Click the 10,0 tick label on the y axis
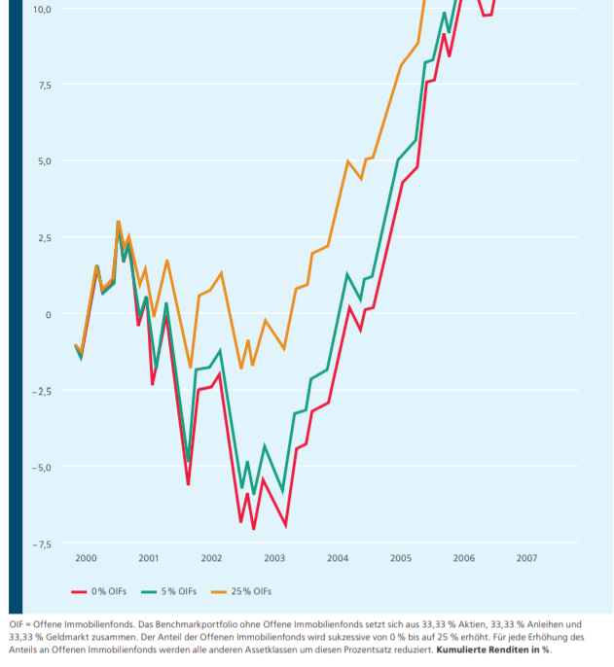(x=42, y=9)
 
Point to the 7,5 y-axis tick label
(x=44, y=86)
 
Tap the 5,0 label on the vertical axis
(x=44, y=161)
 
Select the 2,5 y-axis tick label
(x=44, y=238)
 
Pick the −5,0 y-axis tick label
(x=41, y=468)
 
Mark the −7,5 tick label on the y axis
(x=41, y=544)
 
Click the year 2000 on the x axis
(x=86, y=558)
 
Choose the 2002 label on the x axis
(x=211, y=558)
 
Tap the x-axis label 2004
(x=338, y=558)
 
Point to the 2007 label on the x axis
(x=526, y=558)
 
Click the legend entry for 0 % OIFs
(x=100, y=591)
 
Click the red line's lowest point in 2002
(x=253, y=529)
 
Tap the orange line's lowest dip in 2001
(x=191, y=368)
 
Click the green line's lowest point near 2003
(x=283, y=492)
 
